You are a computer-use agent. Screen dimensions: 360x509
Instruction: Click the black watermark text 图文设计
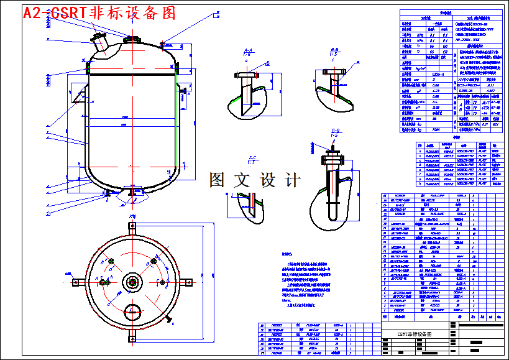click(255, 180)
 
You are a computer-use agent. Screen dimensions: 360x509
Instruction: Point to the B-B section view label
click(334, 50)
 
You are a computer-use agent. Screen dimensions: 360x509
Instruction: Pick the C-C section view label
click(252, 159)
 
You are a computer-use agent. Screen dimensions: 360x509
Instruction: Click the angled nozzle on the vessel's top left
click(98, 44)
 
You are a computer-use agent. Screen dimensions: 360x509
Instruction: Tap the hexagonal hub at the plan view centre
click(132, 281)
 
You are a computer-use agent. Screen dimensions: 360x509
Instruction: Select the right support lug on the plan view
click(186, 281)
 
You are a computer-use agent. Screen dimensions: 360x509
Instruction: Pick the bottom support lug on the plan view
click(132, 336)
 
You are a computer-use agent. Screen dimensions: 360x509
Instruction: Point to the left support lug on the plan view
click(79, 281)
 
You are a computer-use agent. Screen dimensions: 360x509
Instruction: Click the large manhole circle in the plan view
click(132, 310)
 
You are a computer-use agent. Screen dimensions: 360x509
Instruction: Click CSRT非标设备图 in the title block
click(415, 334)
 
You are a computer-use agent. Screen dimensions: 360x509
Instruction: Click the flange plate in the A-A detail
click(247, 75)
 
